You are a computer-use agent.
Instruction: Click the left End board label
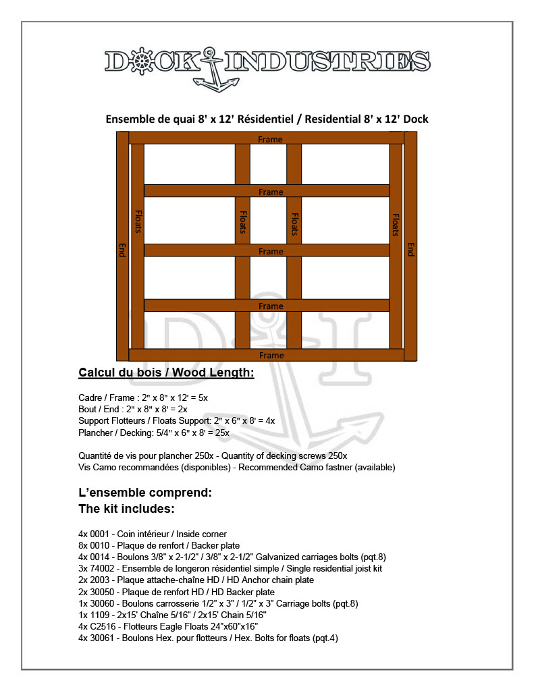[x=122, y=250]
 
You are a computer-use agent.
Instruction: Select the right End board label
[x=410, y=250]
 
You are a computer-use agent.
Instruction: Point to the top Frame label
[x=271, y=139]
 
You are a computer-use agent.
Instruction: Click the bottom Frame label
[x=271, y=356]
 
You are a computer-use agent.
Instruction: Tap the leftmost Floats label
[x=138, y=222]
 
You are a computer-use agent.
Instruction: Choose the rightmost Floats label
[x=396, y=225]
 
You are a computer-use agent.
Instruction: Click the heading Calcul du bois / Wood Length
[x=166, y=373]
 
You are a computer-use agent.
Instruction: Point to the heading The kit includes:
[x=127, y=508]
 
